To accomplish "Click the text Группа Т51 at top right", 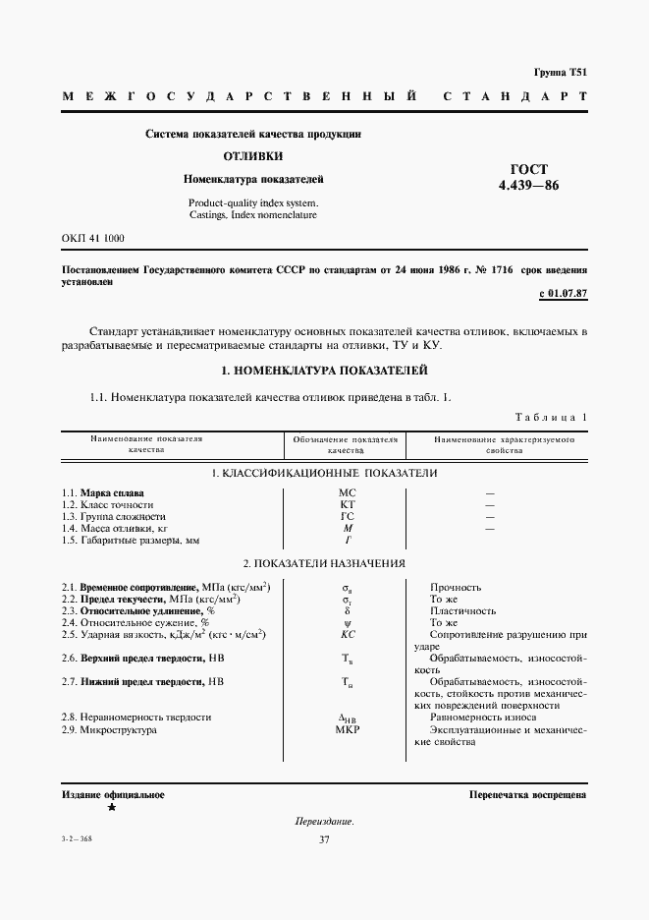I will [x=560, y=73].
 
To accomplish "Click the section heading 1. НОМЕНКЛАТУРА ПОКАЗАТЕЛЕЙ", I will [x=324, y=370].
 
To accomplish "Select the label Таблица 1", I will [x=551, y=417].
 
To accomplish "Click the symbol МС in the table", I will [x=347, y=491].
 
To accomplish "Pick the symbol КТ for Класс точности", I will [x=347, y=504].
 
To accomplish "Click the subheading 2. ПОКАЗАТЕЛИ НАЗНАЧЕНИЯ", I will [x=324, y=564].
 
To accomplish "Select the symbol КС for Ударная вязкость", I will [x=347, y=635].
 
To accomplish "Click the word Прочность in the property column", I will [x=456, y=588].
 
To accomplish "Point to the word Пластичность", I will [x=461, y=611].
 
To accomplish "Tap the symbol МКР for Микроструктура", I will [x=348, y=730].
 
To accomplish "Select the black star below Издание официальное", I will [x=112, y=808].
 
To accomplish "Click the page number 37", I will [x=324, y=838].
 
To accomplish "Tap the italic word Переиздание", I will [x=324, y=821].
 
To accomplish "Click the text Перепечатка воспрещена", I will [x=527, y=794].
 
